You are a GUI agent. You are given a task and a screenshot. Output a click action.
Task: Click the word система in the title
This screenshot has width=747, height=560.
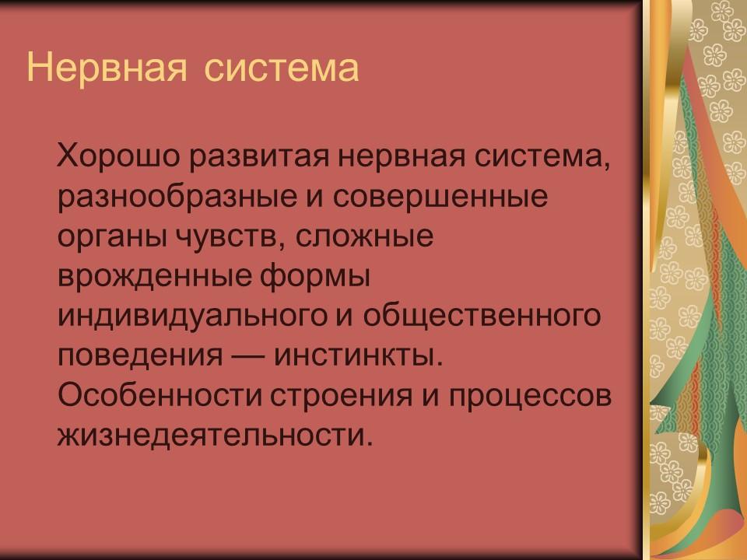point(282,68)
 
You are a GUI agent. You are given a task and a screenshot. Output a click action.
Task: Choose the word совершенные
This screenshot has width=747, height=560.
point(441,196)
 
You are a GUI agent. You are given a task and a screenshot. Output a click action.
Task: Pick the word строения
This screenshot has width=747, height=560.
point(335,397)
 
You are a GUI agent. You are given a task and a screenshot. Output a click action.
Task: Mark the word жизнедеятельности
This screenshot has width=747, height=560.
point(210,438)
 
